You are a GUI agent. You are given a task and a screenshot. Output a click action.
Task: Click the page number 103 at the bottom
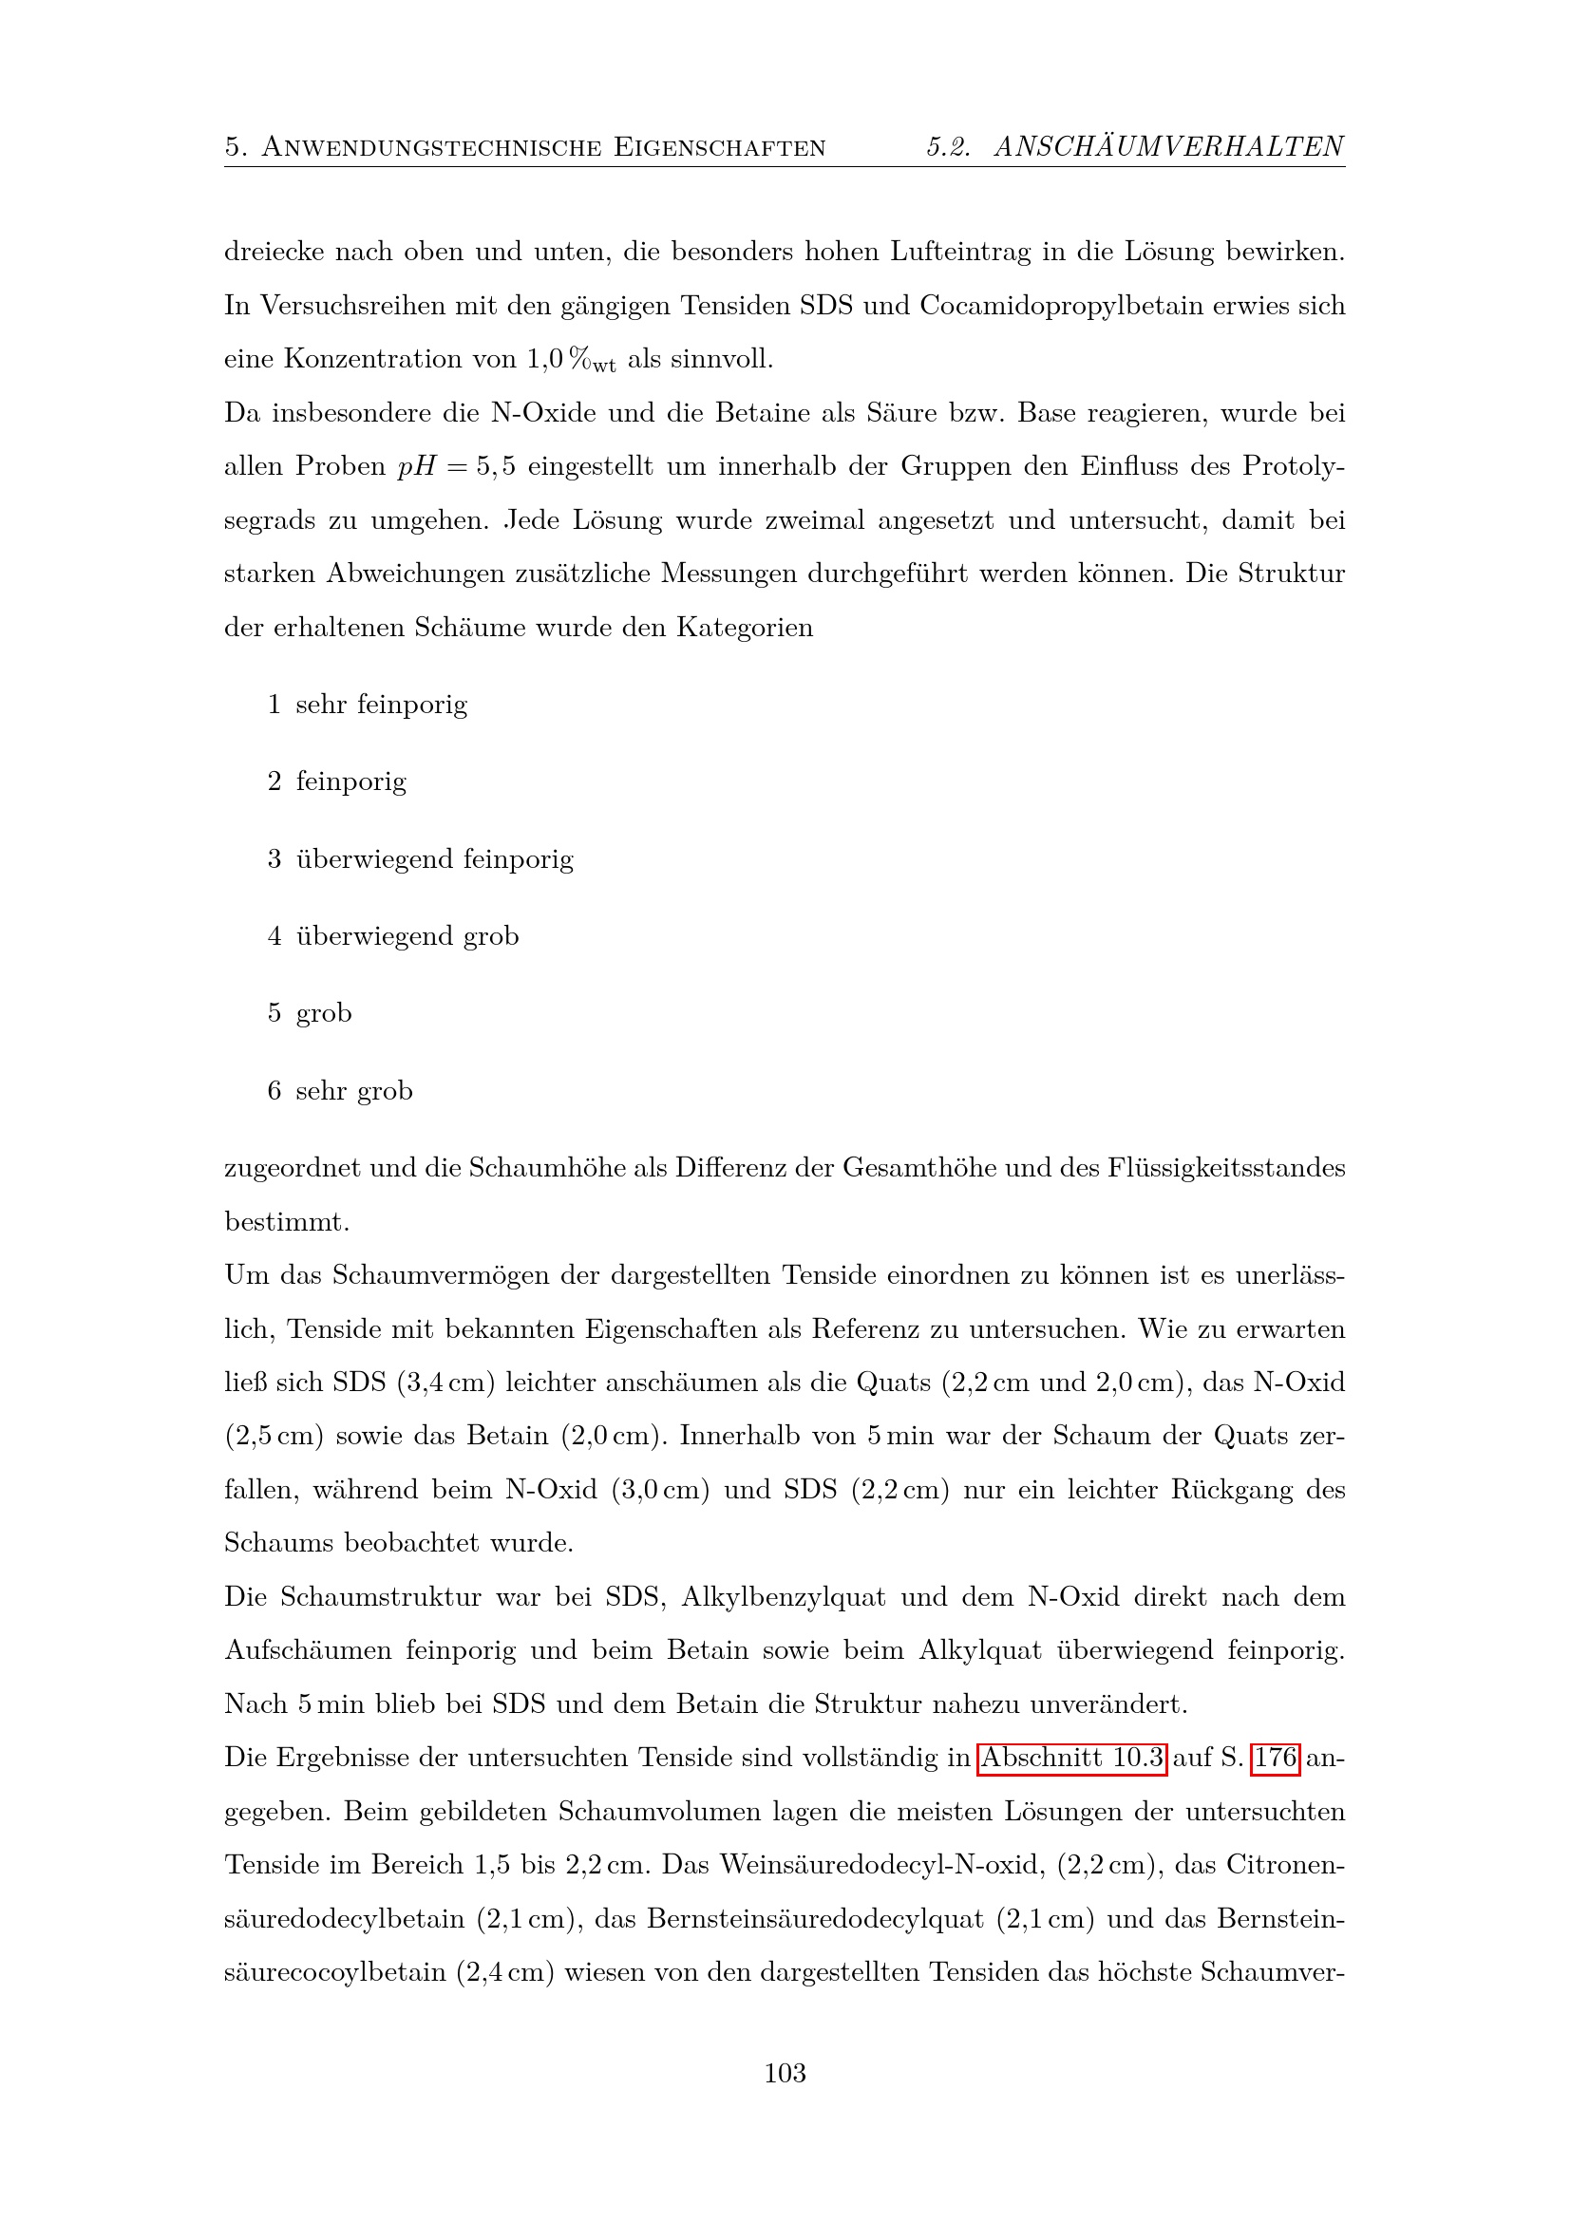tap(785, 2072)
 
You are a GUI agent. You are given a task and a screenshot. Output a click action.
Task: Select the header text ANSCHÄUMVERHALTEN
tap(1168, 146)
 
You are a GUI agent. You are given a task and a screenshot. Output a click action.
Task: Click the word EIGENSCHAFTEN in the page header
tap(720, 147)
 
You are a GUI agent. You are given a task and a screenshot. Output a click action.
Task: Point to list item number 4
tap(274, 935)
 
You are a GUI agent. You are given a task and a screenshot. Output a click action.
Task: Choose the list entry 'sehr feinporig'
tap(381, 705)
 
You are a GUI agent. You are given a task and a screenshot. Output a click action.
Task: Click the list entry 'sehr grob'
tap(354, 1090)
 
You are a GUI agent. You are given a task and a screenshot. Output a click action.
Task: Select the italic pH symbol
tap(417, 466)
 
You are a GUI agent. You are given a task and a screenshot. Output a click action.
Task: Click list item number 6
tap(274, 1090)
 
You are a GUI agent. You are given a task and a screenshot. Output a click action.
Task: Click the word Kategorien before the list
tap(745, 628)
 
